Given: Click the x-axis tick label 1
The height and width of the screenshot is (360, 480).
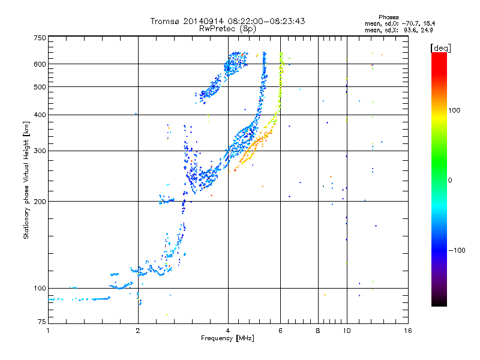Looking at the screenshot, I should coord(48,331).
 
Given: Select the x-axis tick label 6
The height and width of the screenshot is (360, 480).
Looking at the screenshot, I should coord(280,331).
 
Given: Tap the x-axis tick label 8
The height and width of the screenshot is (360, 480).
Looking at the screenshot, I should coord(318,331).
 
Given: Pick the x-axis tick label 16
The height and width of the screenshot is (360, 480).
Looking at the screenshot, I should coord(408,331).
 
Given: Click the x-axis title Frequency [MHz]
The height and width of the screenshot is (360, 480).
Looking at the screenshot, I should coord(227,338).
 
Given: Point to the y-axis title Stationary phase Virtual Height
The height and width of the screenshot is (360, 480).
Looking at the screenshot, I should coord(26,180).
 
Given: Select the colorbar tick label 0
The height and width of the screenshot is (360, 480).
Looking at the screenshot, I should coord(451,180).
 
